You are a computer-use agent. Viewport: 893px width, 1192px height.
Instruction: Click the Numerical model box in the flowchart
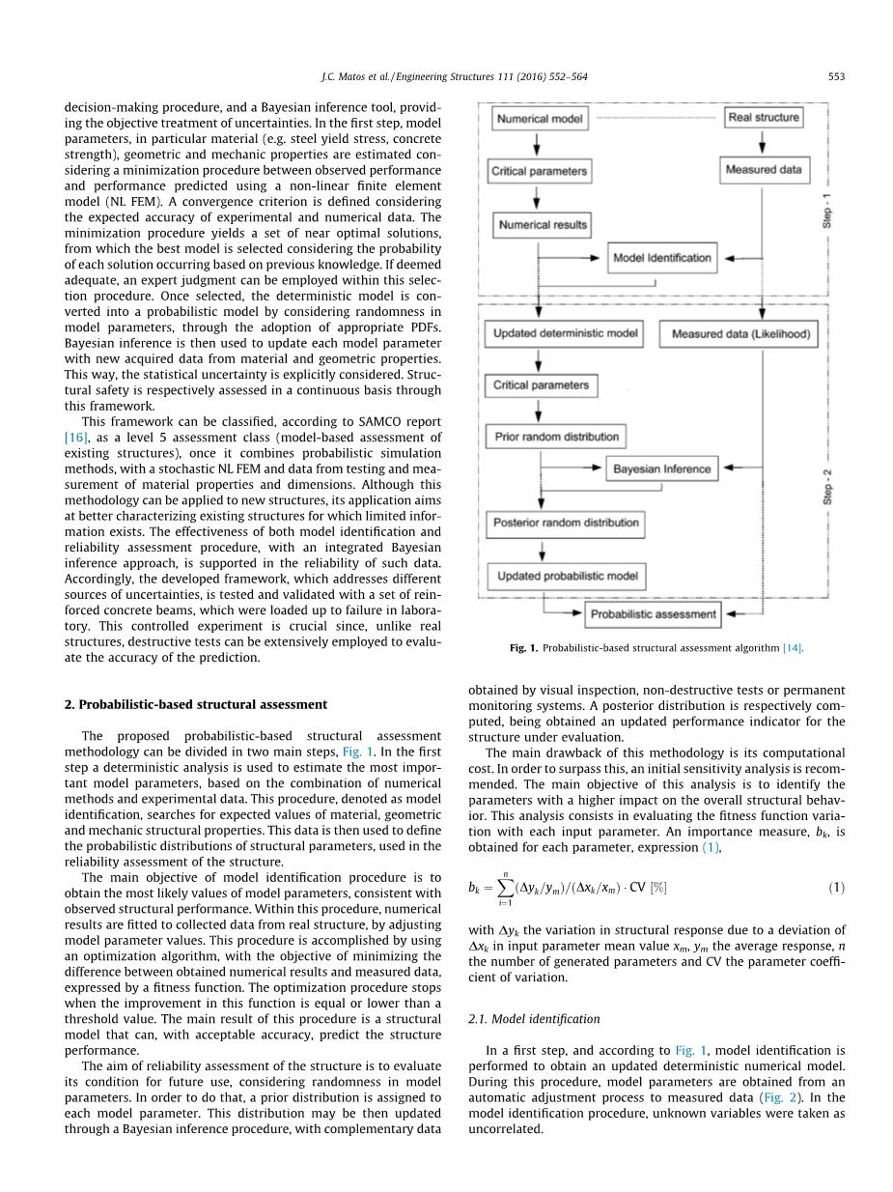(x=539, y=118)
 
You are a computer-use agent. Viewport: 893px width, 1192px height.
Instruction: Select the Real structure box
(x=764, y=117)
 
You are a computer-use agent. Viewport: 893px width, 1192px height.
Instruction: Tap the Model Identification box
(x=661, y=258)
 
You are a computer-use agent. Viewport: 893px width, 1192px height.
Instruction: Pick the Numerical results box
(x=543, y=225)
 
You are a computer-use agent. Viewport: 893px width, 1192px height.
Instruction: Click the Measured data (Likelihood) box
(x=740, y=334)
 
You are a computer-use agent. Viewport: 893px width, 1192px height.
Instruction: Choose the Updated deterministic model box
(x=565, y=334)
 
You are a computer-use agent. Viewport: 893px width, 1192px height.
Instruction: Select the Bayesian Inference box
(x=661, y=469)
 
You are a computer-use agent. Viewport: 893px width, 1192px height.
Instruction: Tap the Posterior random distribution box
(x=566, y=524)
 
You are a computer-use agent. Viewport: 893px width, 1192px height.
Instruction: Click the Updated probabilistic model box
(x=567, y=577)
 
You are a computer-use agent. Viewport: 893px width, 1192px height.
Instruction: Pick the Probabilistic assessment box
(x=654, y=613)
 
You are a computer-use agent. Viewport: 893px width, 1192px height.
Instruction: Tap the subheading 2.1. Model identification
(x=534, y=1018)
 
